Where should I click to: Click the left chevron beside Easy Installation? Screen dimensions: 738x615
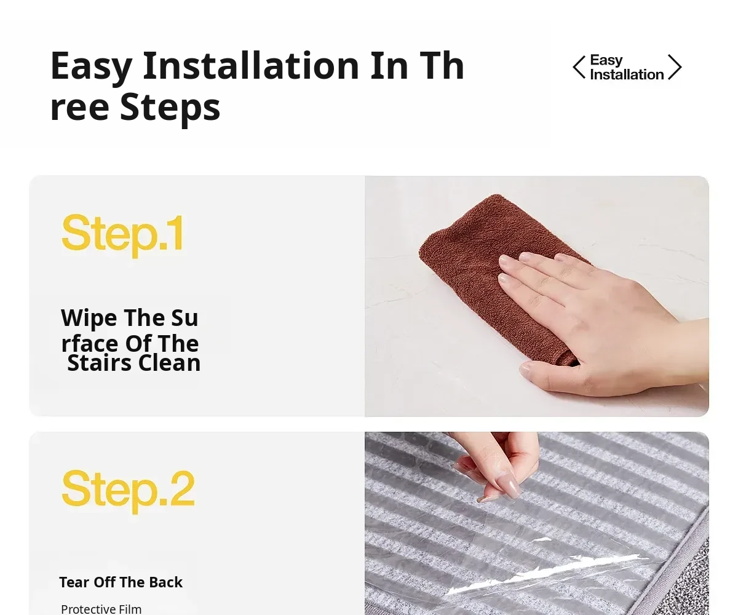578,67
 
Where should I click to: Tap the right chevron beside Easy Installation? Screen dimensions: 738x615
675,67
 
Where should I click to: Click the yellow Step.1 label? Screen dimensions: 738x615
122,235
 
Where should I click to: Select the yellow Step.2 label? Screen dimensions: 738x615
129,491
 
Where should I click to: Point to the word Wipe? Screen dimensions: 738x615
89,319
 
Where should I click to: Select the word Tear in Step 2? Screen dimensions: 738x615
73,582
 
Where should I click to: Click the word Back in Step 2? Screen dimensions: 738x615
165,582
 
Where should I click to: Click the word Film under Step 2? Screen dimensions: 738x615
130,609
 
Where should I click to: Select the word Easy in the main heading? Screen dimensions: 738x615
92,68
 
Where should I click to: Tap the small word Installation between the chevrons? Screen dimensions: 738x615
627,74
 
